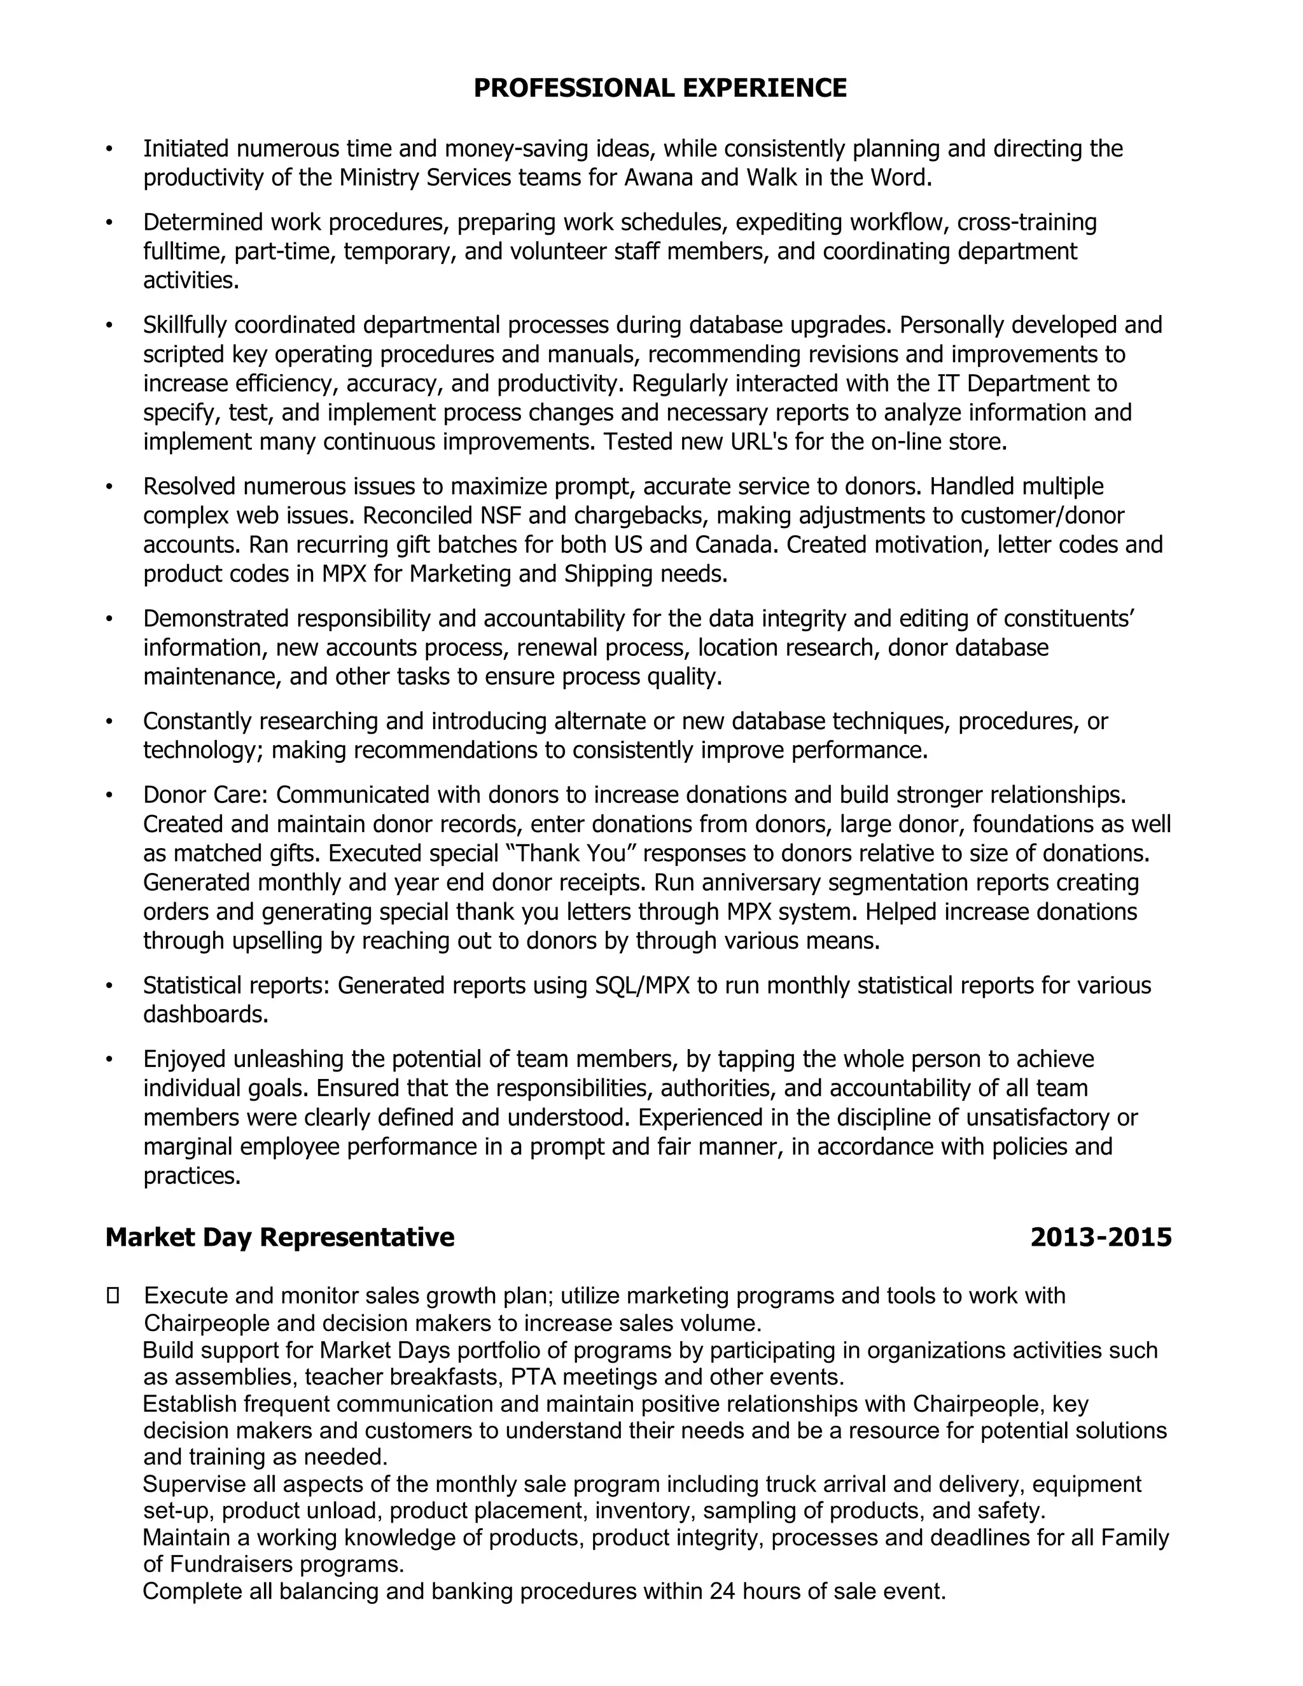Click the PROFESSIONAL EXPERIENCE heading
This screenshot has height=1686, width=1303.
tap(659, 88)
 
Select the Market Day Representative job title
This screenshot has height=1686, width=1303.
tap(279, 1237)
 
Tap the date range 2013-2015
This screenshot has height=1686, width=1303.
tap(1101, 1237)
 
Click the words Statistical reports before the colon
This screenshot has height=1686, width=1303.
tap(236, 985)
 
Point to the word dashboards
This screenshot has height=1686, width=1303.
tap(206, 1014)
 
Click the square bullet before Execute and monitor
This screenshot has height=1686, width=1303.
tap(113, 1295)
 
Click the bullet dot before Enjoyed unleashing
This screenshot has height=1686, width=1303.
tap(109, 1059)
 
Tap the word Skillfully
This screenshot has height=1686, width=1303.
tap(185, 325)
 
